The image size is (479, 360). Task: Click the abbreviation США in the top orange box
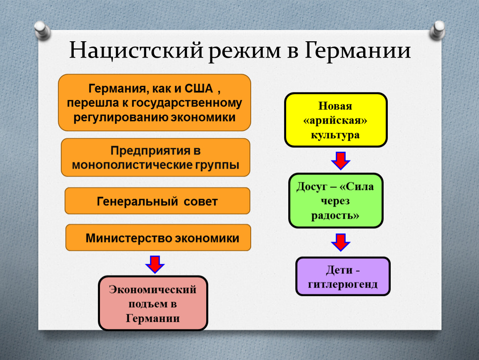[x=198, y=89]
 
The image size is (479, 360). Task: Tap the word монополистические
[x=132, y=165]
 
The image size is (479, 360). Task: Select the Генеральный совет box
[x=157, y=201]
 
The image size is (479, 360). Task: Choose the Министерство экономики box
[x=158, y=238]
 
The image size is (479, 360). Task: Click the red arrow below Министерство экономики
[x=155, y=263]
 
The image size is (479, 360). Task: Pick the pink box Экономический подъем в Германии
[x=153, y=303]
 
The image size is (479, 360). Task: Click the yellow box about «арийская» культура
[x=336, y=120]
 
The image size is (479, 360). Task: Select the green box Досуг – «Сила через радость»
[x=336, y=201]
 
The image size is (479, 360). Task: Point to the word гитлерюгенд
[x=343, y=284]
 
